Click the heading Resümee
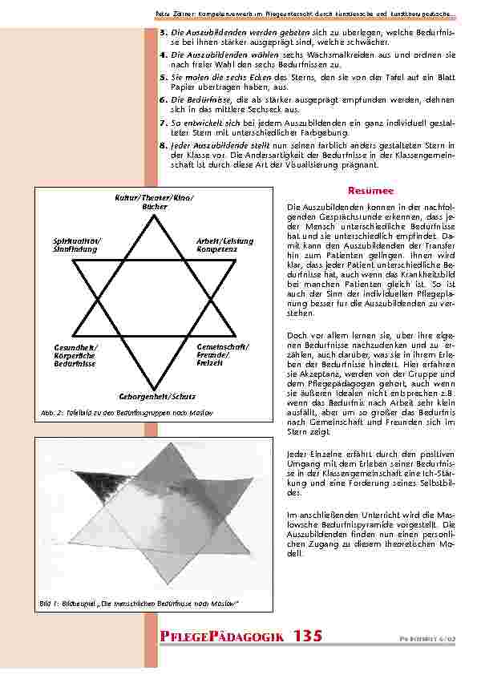coord(370,191)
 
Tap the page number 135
coord(308,636)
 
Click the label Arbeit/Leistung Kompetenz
coord(224,245)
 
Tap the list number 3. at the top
coord(164,32)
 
